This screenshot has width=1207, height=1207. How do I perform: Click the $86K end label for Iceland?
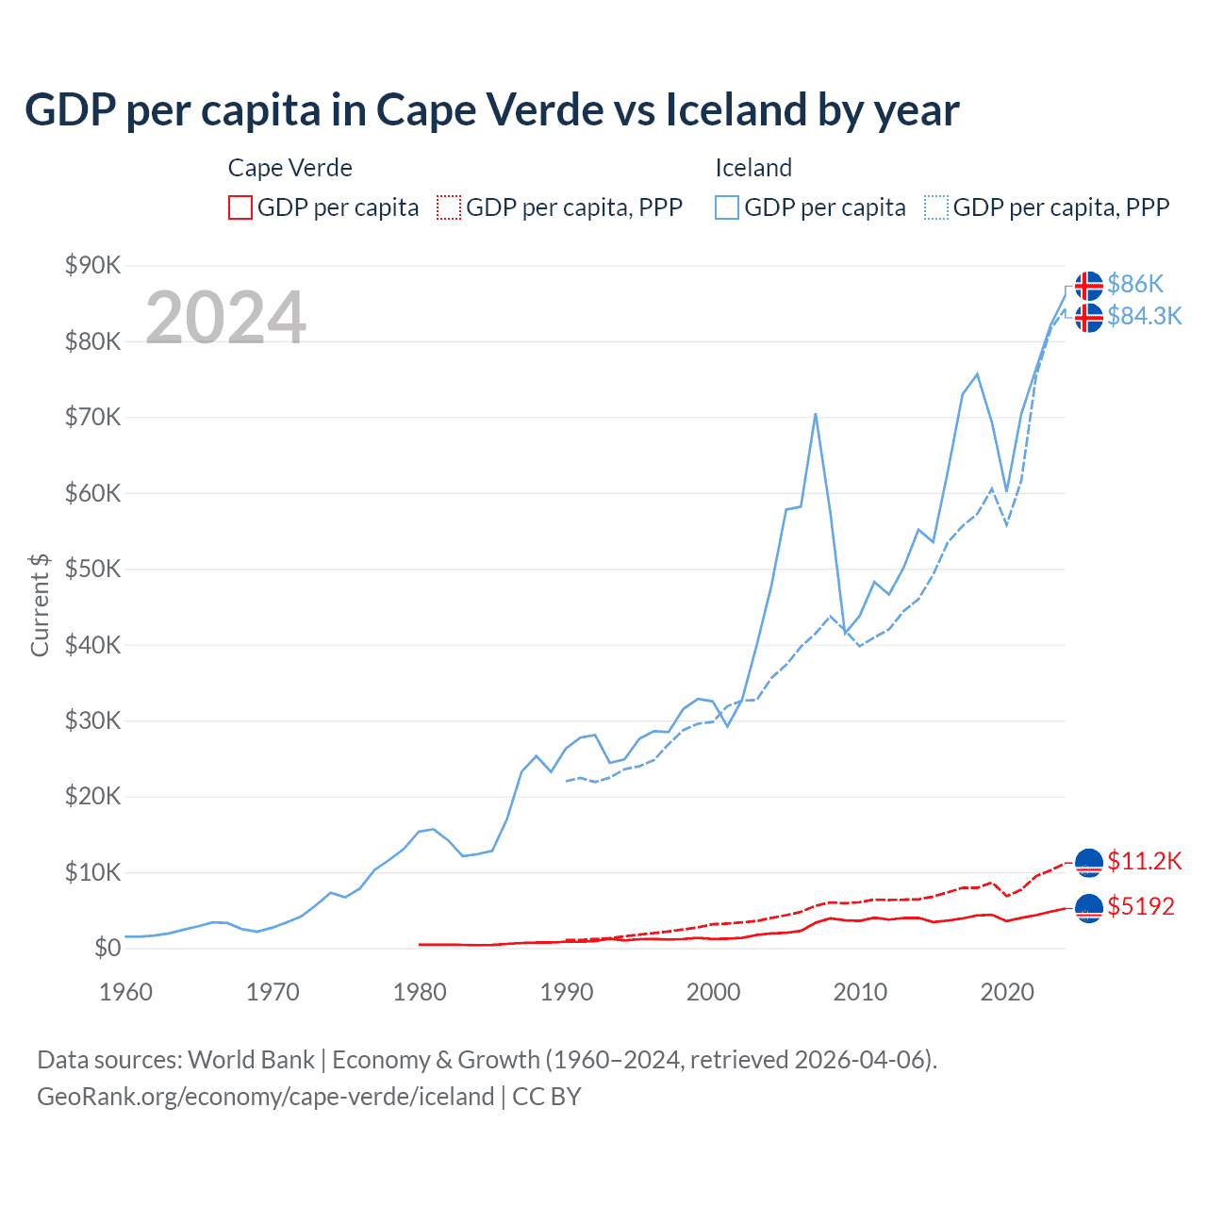coord(1135,284)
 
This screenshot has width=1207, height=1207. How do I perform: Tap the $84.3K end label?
coord(1144,316)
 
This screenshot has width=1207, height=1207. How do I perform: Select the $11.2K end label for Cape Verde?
coord(1144,861)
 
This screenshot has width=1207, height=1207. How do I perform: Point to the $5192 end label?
coord(1141,906)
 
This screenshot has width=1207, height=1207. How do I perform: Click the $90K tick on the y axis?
coord(92,265)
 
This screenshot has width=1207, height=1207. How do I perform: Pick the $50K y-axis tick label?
coord(92,569)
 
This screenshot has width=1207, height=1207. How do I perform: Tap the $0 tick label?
coord(107,948)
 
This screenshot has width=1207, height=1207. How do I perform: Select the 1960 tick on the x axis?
coord(125,992)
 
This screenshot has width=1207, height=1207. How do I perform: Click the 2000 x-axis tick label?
coord(713,992)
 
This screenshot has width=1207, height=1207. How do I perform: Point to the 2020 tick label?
coord(1007,992)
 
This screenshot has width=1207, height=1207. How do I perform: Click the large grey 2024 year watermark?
coord(226,318)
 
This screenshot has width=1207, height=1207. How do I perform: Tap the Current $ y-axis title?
coord(40,604)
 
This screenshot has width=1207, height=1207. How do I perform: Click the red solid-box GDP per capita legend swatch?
coord(240,207)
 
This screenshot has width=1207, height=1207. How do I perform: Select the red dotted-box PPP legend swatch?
coord(449,207)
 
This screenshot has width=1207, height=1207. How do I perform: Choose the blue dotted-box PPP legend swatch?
coord(936,207)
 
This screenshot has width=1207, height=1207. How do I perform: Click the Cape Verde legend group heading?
coord(289,168)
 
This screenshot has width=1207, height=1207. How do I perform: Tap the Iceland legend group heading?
coord(753,168)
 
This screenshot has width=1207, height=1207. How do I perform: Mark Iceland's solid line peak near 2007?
coord(815,414)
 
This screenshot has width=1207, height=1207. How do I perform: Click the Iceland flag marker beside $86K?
coord(1088,285)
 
